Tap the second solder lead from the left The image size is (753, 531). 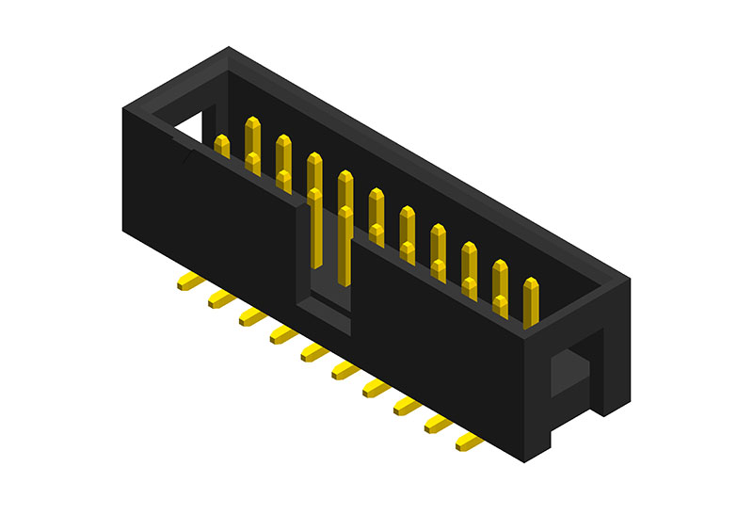click(x=220, y=298)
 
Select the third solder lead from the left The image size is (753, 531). click(x=251, y=316)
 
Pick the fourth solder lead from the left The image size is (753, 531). click(x=282, y=334)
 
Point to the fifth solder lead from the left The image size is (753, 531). click(x=313, y=352)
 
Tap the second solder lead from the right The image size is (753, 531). click(x=437, y=424)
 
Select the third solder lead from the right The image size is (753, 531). click(x=407, y=406)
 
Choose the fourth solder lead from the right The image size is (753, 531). click(x=376, y=388)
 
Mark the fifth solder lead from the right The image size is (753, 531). click(x=344, y=370)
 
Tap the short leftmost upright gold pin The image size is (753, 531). click(x=222, y=145)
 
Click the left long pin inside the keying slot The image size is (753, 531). click(x=314, y=235)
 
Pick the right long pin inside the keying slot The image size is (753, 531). click(x=345, y=245)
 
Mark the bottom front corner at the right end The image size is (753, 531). click(x=523, y=459)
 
